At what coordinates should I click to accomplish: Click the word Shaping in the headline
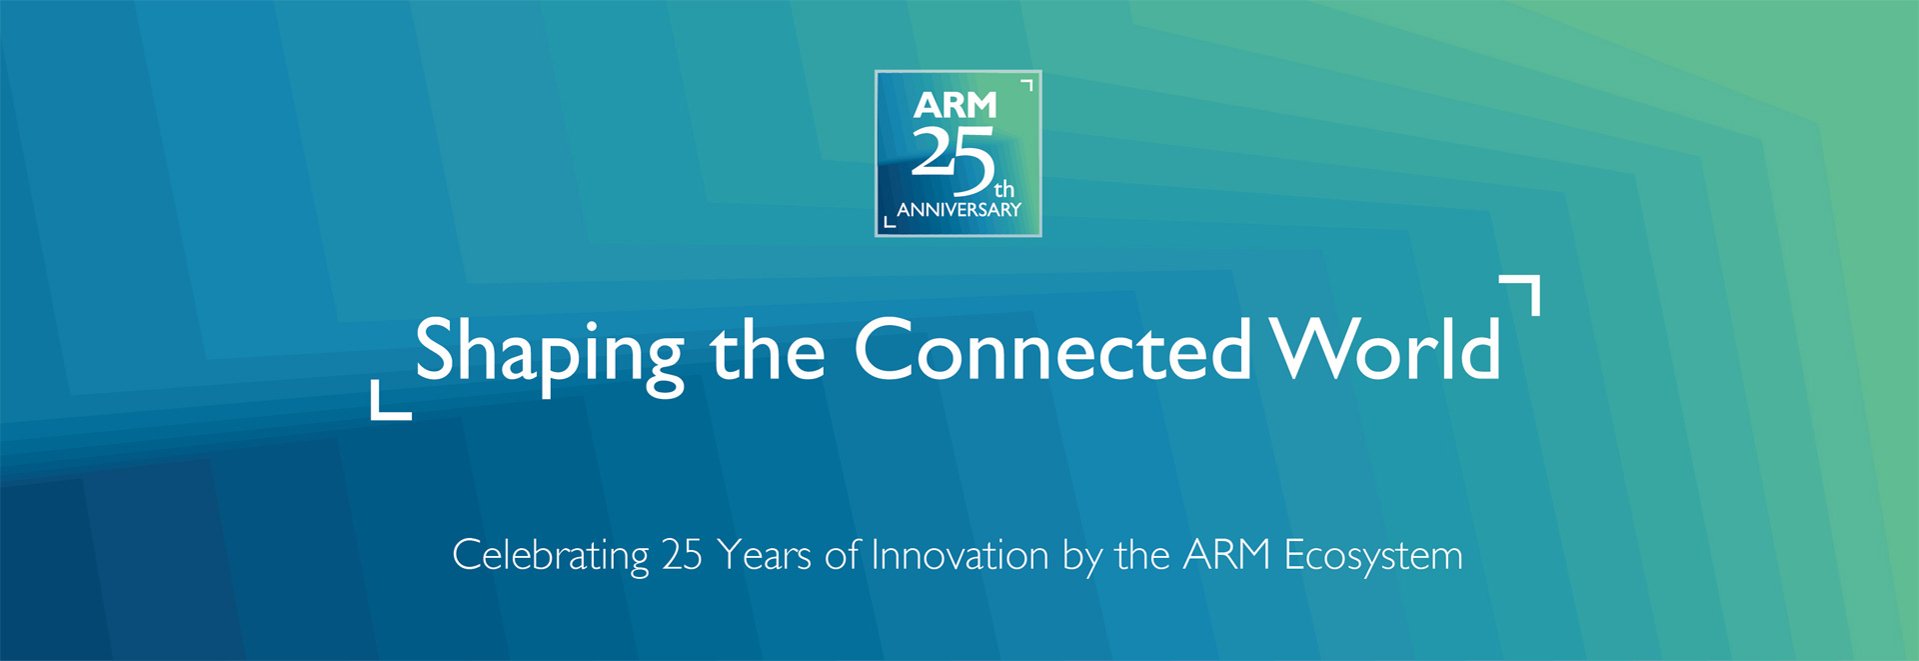coord(550,356)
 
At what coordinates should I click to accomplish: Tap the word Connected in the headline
coord(1052,349)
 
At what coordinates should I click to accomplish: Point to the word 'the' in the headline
coord(768,349)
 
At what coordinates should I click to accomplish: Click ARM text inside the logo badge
coord(955,105)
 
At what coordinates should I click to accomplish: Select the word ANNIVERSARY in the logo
coord(959,210)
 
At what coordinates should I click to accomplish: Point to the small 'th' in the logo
coord(1004,189)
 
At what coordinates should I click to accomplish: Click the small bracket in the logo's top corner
coord(1028,83)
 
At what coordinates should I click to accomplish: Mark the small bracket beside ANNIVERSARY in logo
coord(888,223)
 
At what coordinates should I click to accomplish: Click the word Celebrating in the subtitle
coord(551,556)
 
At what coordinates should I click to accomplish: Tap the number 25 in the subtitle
coord(682,555)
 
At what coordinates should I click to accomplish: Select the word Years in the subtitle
coord(764,555)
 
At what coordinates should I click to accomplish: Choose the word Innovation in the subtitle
coord(959,555)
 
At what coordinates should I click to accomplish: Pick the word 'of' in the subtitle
coord(842,554)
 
